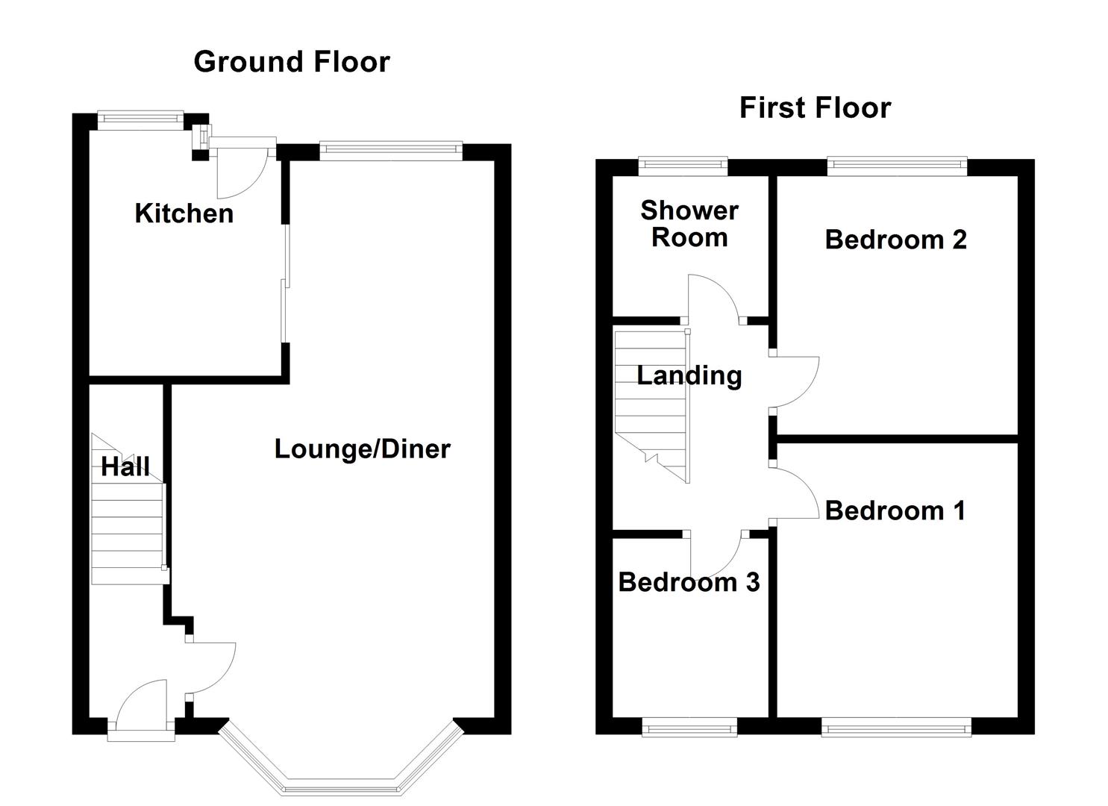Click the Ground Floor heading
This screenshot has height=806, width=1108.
coord(292,62)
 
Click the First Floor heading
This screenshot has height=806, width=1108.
coord(816,108)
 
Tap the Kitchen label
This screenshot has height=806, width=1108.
coord(184,213)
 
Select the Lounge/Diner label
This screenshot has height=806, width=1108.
coord(363,449)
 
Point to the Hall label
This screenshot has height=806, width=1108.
coord(125,466)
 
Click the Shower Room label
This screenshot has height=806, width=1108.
coord(689,224)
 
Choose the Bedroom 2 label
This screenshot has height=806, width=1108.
coord(896,240)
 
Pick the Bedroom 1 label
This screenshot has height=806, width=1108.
coord(895,510)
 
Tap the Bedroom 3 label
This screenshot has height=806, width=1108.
coord(689,582)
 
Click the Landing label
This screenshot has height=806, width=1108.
coord(689,375)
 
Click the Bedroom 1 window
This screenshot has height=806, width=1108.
coord(896,728)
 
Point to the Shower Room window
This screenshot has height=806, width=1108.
coord(683,166)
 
